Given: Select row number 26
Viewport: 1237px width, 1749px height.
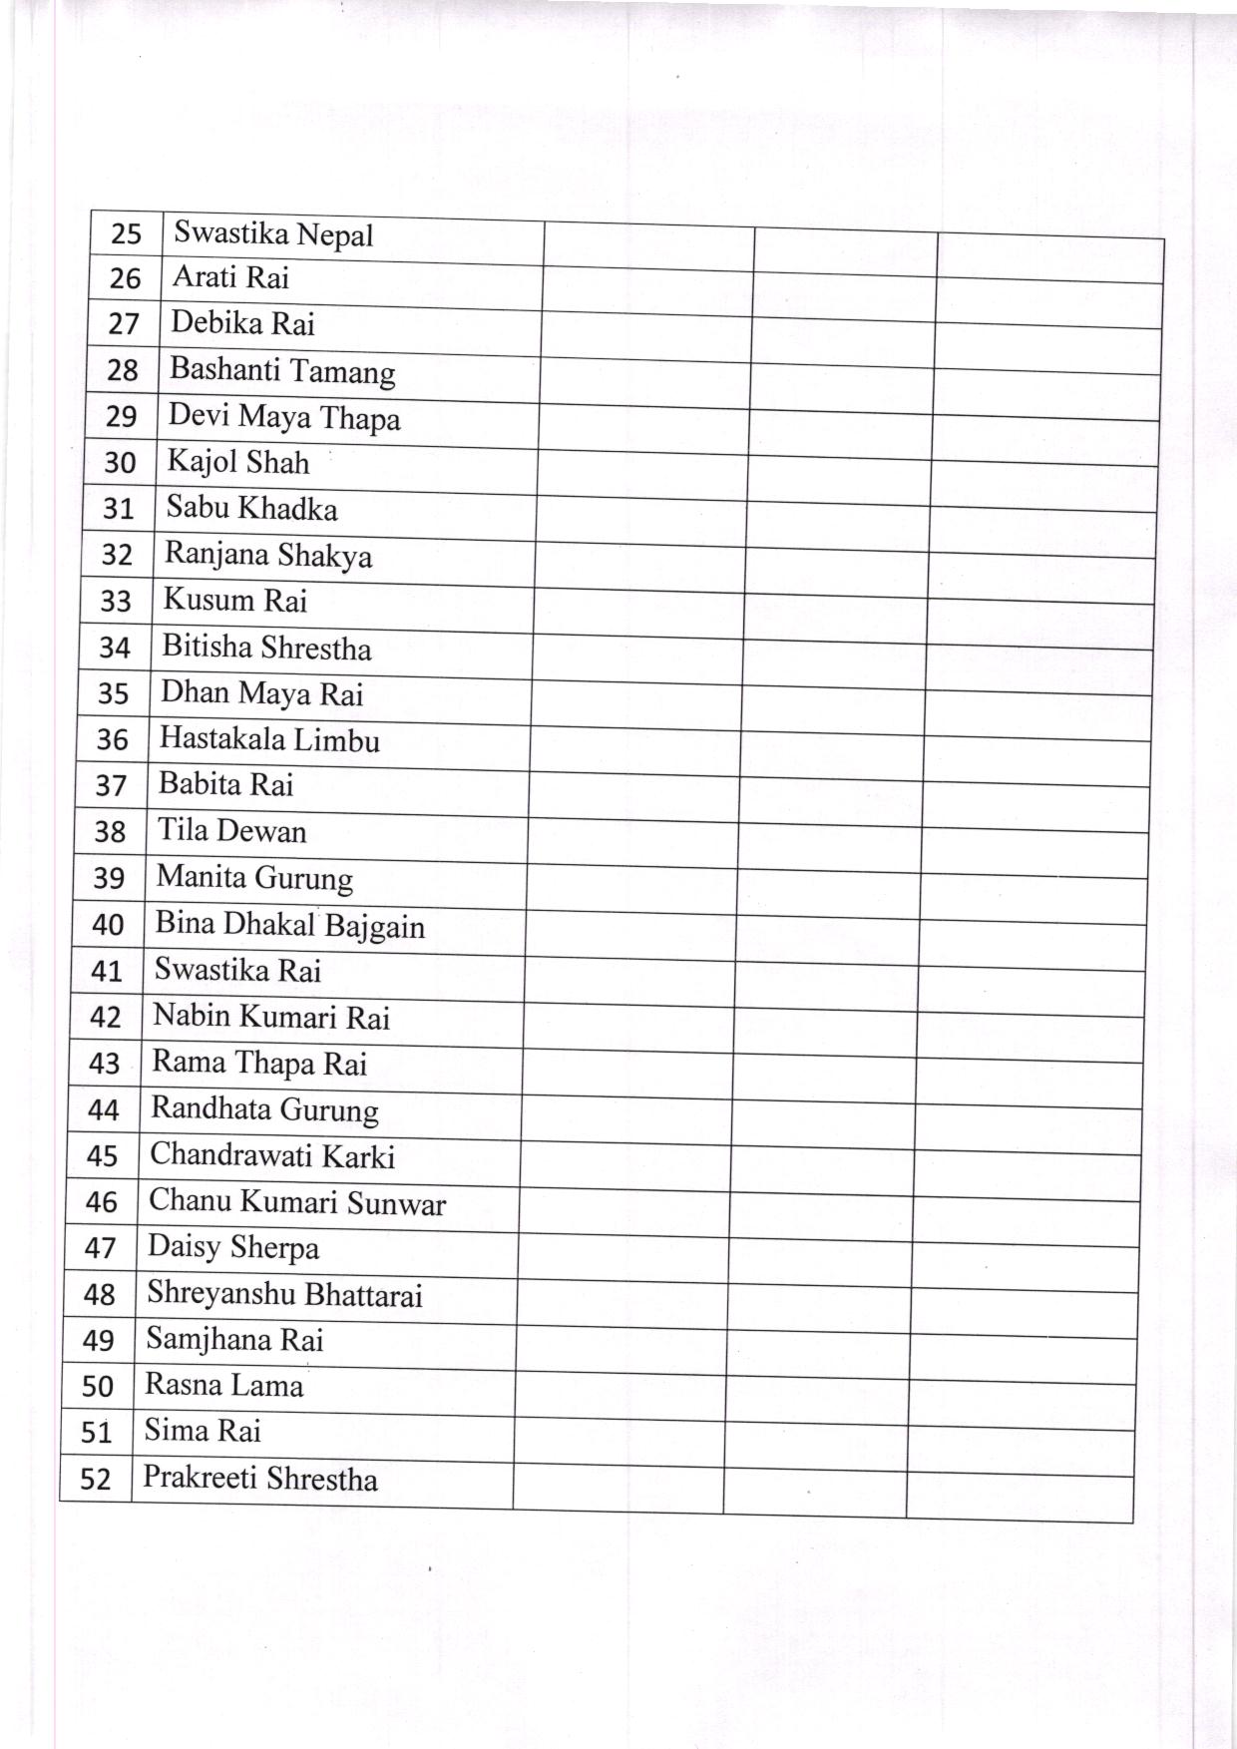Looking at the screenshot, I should [125, 278].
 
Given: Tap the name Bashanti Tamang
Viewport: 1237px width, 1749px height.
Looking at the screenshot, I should [282, 370].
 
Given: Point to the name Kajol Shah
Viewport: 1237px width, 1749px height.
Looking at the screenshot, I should [237, 462].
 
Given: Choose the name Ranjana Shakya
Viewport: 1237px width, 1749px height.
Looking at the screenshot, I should [268, 555].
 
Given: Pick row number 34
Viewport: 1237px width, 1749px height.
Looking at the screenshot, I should [115, 649].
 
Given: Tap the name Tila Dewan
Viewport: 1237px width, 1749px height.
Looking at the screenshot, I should [231, 831].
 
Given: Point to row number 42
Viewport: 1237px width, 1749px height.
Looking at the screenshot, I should [106, 1017].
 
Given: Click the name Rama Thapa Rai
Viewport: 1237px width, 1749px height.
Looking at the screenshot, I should [259, 1064].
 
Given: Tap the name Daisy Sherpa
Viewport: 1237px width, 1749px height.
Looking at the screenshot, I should [233, 1248].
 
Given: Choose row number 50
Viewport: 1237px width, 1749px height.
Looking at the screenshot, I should [98, 1387].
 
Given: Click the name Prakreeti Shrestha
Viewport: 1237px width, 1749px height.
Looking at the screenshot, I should [259, 1479].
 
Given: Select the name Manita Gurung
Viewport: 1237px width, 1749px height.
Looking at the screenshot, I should [254, 878].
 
